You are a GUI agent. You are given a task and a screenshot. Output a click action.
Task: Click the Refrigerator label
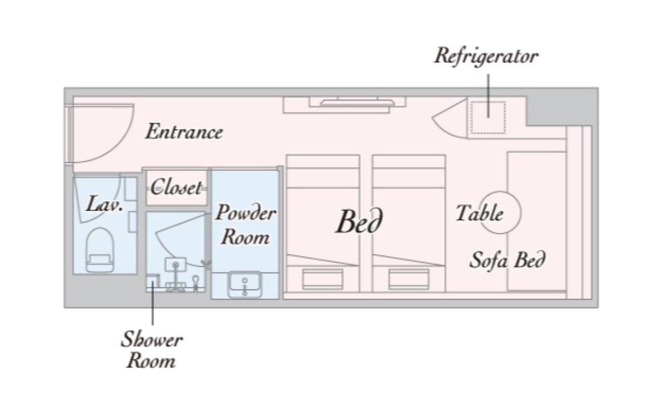[x=486, y=56]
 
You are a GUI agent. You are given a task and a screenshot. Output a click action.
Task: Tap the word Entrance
[x=185, y=132]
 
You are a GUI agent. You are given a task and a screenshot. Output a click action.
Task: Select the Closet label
[x=176, y=187]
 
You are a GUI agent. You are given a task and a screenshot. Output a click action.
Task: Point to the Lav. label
[x=104, y=203]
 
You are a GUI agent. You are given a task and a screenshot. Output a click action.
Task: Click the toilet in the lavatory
[x=100, y=250]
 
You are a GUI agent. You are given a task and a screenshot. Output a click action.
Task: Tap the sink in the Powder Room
[x=245, y=284]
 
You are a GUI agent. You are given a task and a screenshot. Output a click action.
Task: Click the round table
[x=500, y=212]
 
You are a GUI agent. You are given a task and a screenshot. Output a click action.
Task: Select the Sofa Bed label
[x=507, y=260]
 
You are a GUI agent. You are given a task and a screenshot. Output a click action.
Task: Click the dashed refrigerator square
[x=489, y=118]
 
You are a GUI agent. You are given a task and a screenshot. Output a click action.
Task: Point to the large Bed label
[x=360, y=222]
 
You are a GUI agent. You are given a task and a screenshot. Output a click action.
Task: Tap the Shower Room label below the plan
[x=152, y=350]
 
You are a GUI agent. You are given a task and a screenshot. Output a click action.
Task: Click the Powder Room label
[x=246, y=225]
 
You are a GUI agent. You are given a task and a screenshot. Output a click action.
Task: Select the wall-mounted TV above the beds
[x=357, y=103]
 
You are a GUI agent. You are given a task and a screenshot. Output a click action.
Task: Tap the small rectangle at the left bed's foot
[x=322, y=279]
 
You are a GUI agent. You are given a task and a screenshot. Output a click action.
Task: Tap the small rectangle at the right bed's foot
[x=409, y=279]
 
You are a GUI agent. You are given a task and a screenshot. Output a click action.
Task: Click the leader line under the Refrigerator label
[x=489, y=96]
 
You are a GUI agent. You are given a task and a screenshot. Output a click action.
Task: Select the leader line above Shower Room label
[x=153, y=303]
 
